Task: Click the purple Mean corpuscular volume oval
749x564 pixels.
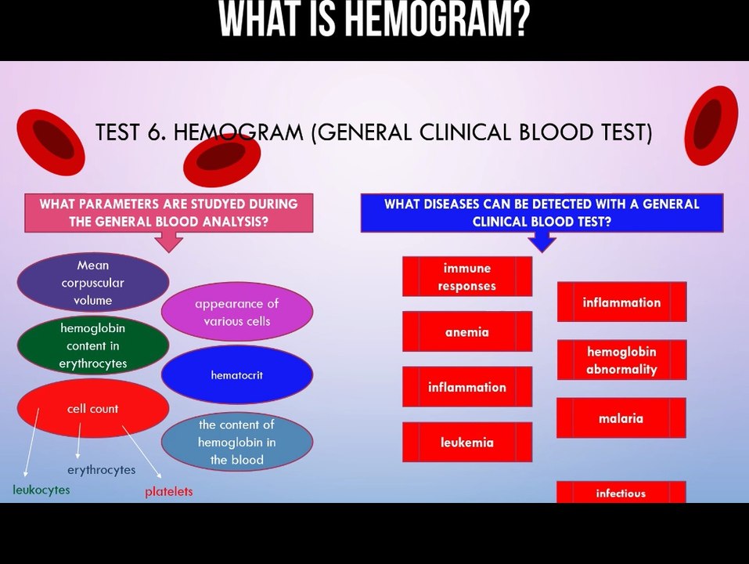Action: [92, 283]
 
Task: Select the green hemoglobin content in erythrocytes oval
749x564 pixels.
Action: [92, 345]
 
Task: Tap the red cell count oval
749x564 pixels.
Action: [92, 408]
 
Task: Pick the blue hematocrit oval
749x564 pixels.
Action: [236, 375]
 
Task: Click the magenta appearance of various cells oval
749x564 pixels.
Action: [236, 312]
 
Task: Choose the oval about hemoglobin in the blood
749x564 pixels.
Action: [236, 442]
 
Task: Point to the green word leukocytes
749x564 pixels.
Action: [41, 490]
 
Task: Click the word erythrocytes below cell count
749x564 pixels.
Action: [101, 469]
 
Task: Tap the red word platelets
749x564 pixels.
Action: [168, 491]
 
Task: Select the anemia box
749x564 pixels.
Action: [466, 331]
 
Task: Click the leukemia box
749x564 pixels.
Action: [466, 442]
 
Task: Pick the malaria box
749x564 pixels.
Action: [621, 418]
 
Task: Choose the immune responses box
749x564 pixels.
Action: [466, 277]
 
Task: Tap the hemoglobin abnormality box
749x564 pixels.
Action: [621, 360]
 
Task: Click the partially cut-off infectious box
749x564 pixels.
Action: [621, 493]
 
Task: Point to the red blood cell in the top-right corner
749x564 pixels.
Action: [711, 125]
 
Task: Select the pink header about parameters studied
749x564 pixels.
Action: [168, 212]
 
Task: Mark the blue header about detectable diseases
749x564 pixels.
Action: [542, 212]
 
